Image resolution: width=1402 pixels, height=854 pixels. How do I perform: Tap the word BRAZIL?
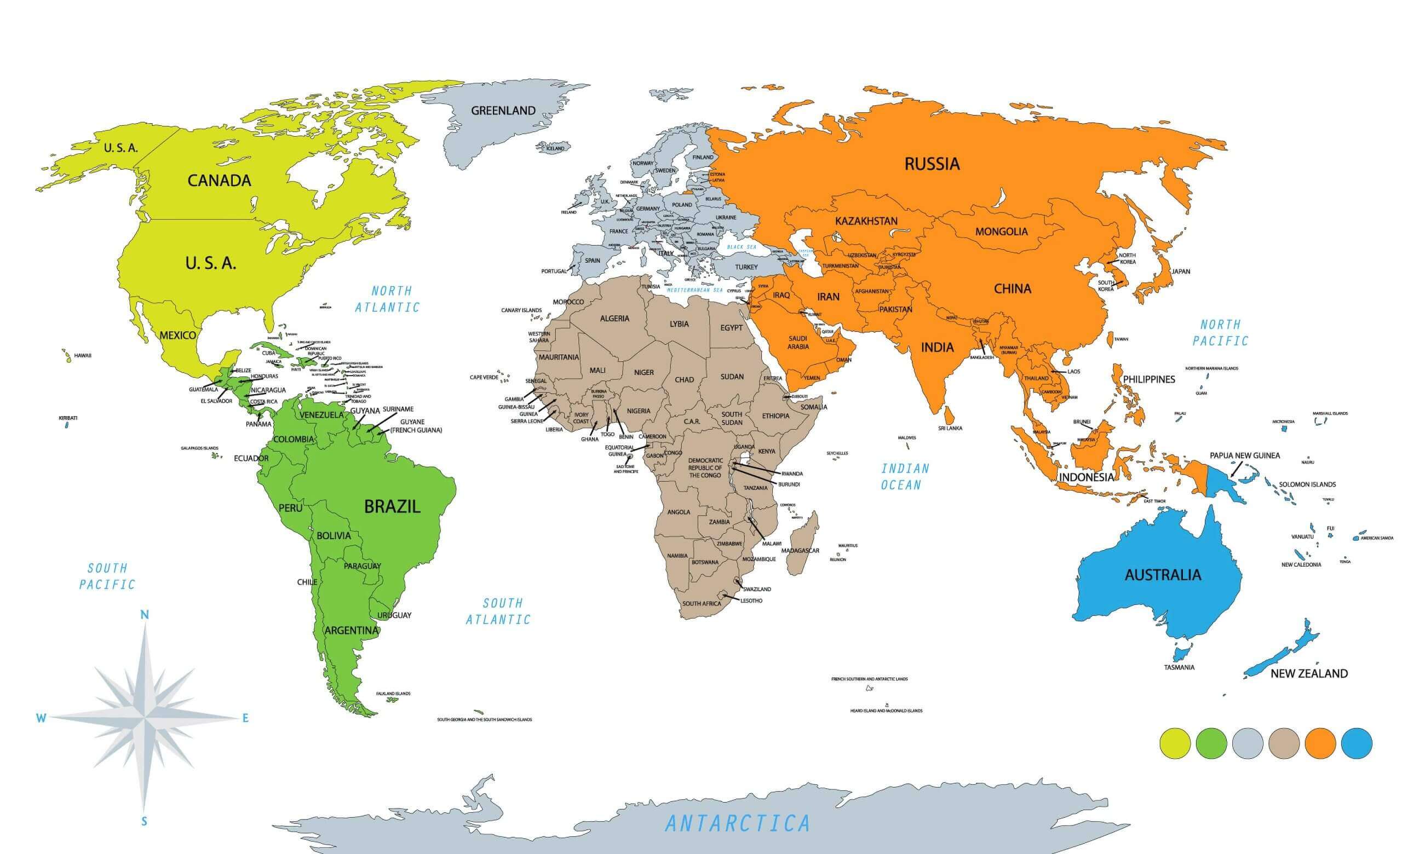(x=392, y=506)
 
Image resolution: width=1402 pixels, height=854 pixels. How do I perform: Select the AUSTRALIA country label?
(x=1163, y=575)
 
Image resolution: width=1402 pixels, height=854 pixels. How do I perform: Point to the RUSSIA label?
(x=932, y=164)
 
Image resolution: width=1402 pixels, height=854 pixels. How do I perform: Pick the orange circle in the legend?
(x=1320, y=743)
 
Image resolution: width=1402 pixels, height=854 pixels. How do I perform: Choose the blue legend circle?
(x=1357, y=743)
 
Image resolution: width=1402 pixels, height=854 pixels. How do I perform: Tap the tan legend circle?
(x=1284, y=743)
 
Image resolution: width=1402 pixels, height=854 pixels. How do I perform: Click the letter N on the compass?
(x=145, y=615)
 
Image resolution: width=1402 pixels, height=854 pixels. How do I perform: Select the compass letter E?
(x=246, y=718)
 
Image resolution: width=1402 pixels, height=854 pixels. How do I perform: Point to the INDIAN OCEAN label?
(x=905, y=476)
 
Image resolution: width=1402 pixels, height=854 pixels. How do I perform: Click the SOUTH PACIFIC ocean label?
(x=107, y=576)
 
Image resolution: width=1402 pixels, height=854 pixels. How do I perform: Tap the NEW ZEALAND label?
(x=1309, y=674)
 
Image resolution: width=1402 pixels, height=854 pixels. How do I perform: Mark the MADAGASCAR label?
(x=800, y=550)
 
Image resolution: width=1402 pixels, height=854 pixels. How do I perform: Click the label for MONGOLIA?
(x=1002, y=232)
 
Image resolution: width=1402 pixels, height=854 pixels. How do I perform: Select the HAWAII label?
(x=83, y=356)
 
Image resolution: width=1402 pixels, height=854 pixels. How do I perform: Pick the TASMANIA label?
(x=1179, y=667)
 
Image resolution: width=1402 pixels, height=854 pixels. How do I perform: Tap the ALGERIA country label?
(x=614, y=319)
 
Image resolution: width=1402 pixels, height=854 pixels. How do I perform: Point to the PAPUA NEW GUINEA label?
(x=1245, y=455)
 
